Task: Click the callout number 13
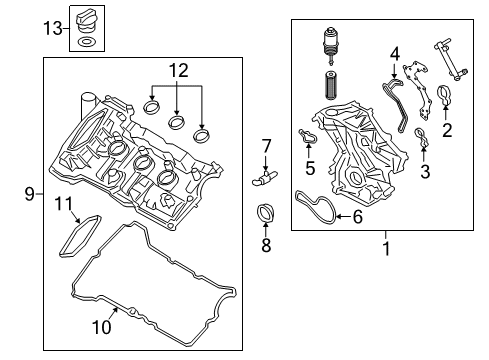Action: point(53,28)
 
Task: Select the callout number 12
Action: point(179,71)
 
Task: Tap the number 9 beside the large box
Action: point(30,194)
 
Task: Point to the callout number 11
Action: point(63,203)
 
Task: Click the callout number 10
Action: point(102,327)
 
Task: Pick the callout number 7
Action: point(266,146)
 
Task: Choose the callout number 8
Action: point(266,245)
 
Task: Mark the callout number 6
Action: point(357,217)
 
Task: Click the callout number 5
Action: point(310,168)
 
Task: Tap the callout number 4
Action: point(395,54)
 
